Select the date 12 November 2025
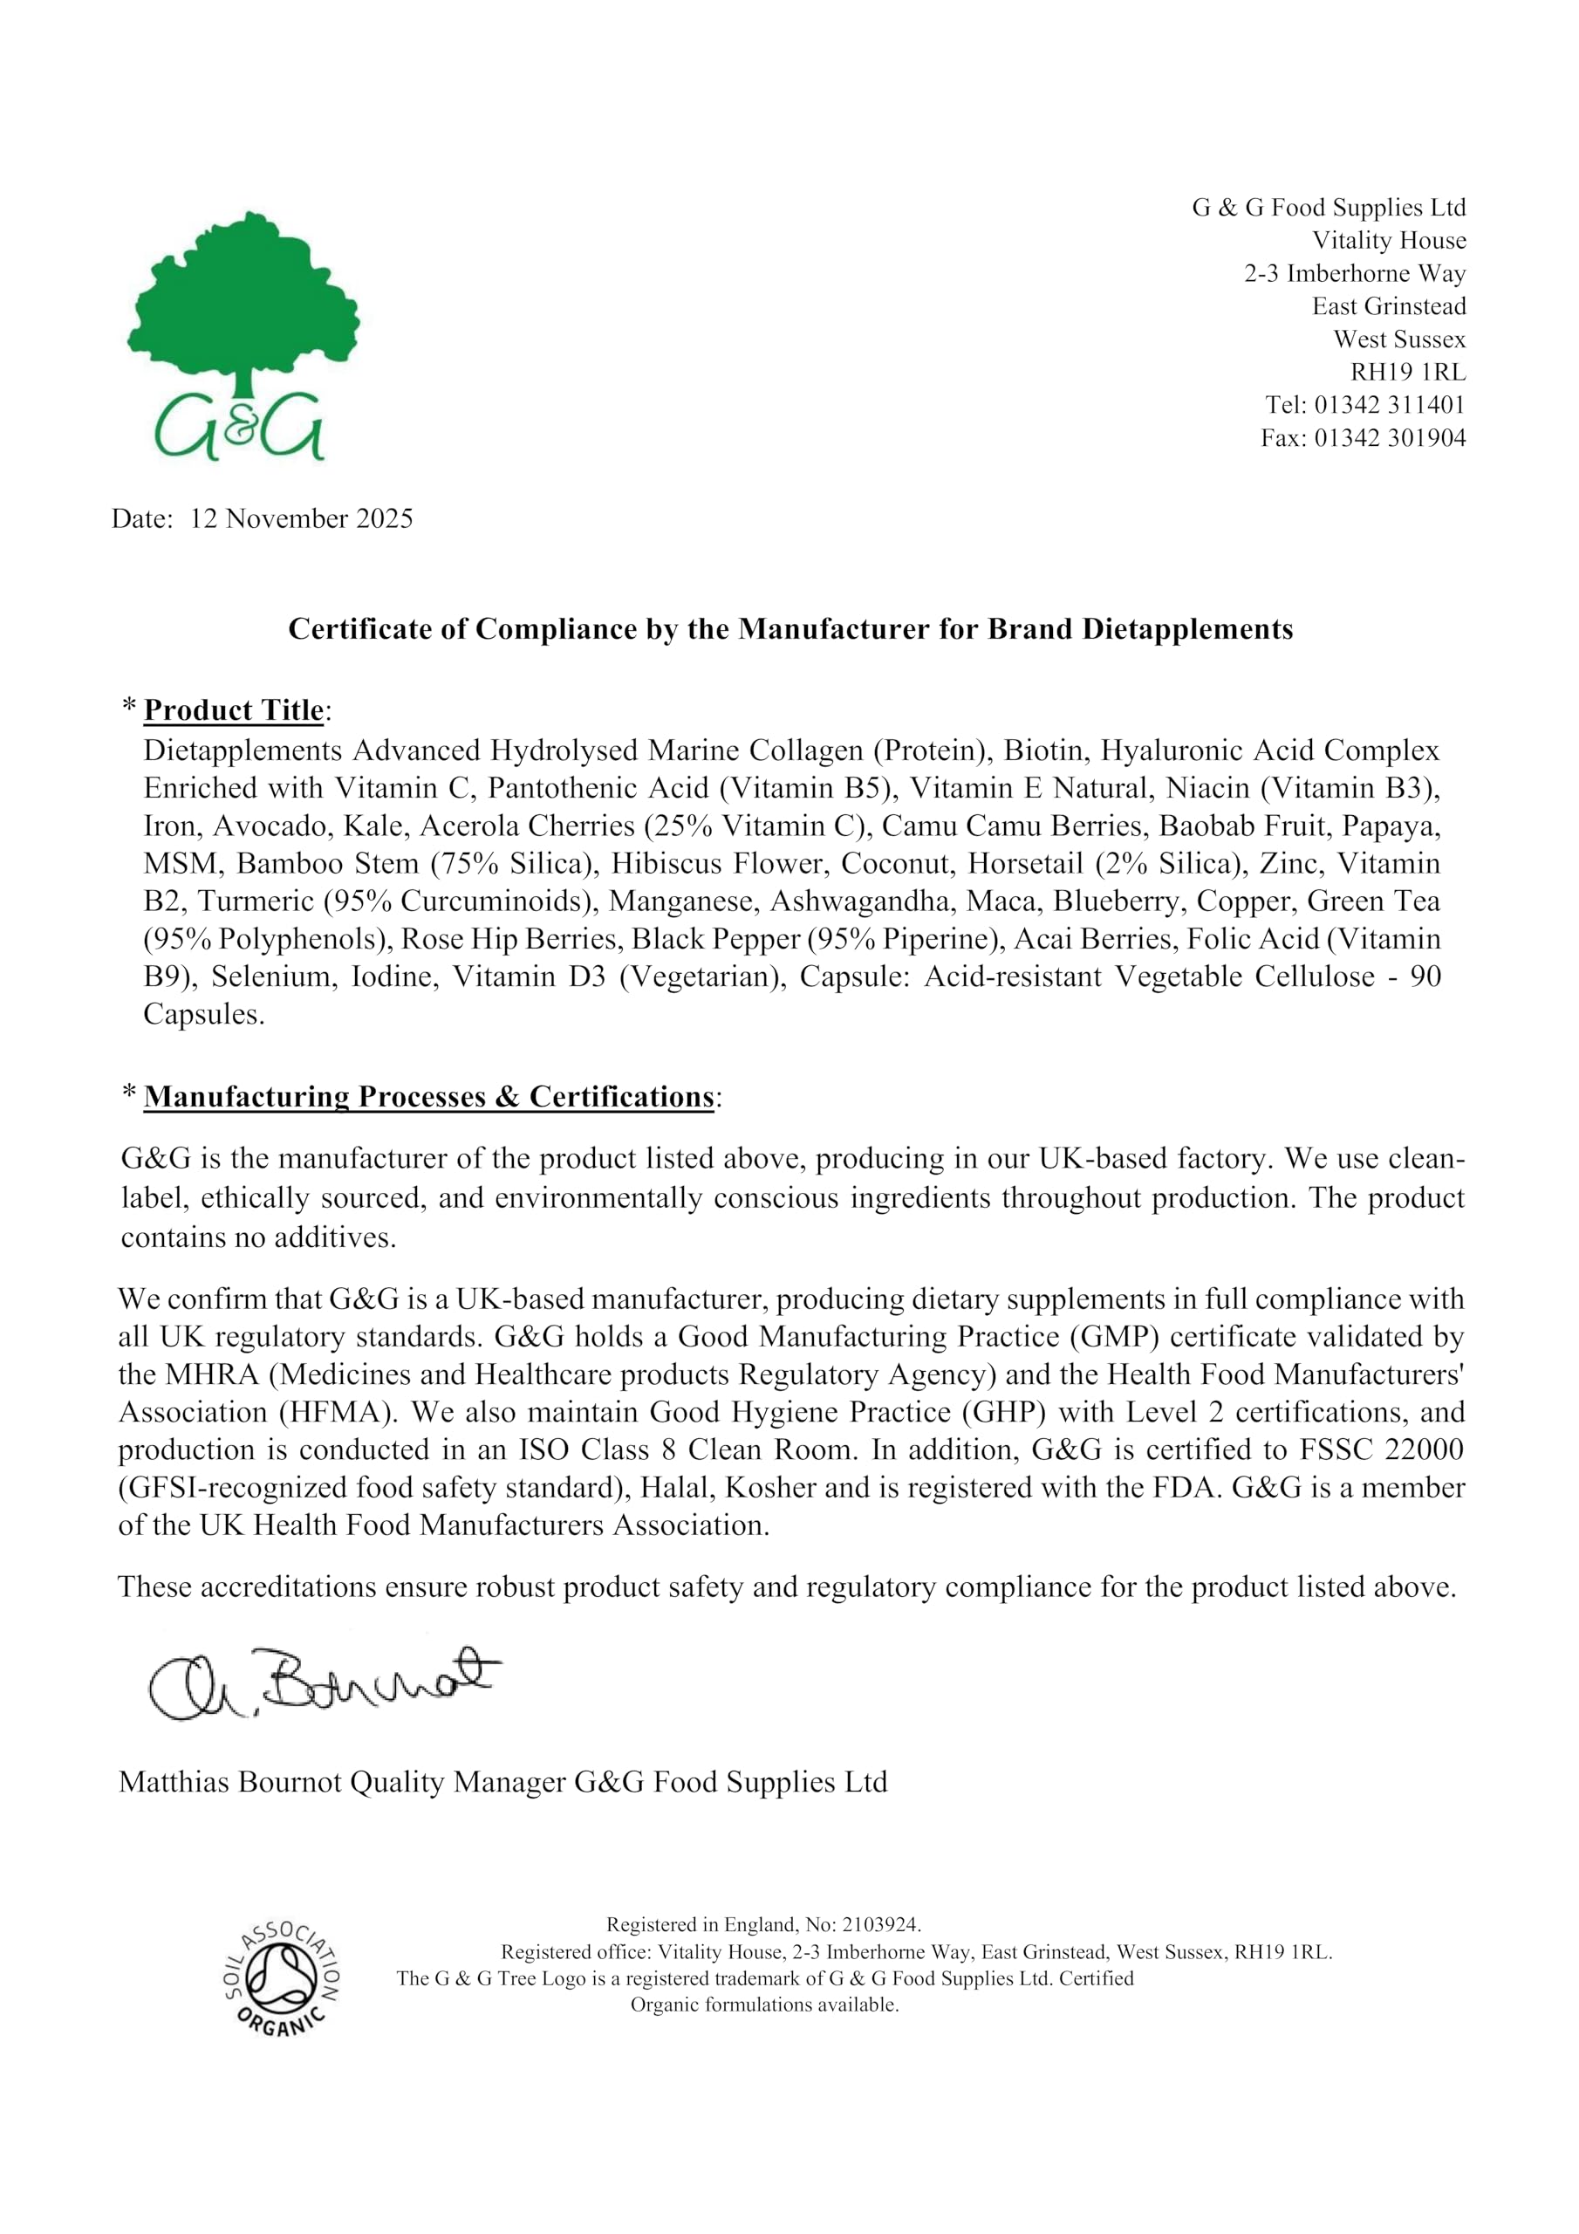pyautogui.click(x=301, y=518)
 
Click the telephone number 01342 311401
pyautogui.click(x=1390, y=405)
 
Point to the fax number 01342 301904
pyautogui.click(x=1390, y=438)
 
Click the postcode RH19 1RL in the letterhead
pyautogui.click(x=1407, y=372)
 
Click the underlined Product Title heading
pyautogui.click(x=233, y=710)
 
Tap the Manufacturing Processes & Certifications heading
pyautogui.click(x=428, y=1097)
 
